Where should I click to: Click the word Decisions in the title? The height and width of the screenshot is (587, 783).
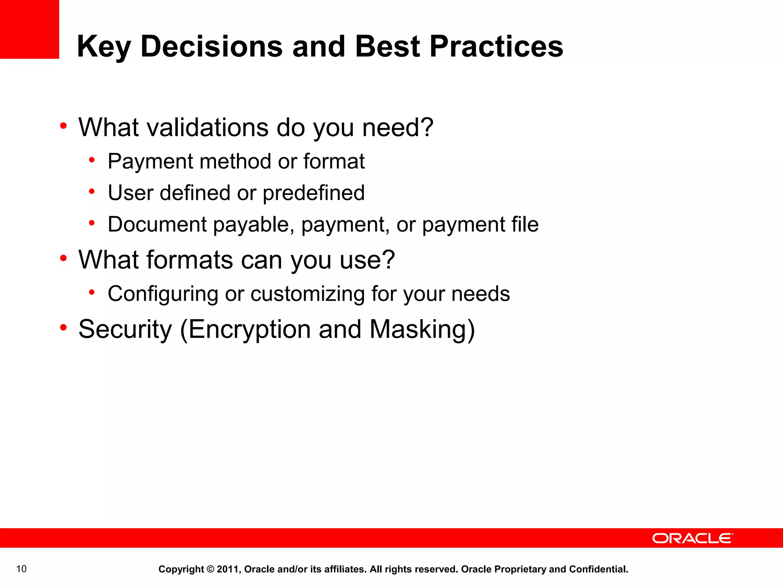211,46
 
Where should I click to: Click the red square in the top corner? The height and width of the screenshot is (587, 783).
29,29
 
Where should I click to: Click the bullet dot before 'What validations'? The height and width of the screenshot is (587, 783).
63,126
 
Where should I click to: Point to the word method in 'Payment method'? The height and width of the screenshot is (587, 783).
235,161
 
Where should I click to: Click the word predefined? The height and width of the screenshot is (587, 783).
314,193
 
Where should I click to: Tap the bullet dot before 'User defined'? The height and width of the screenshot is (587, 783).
92,191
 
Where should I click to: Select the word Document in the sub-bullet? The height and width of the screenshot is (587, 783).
157,224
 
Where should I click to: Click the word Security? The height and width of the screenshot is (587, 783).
125,329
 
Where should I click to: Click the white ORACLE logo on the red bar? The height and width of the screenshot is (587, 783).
692,538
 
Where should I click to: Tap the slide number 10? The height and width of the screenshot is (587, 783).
21,569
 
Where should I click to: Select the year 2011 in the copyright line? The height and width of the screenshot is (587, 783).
228,569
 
